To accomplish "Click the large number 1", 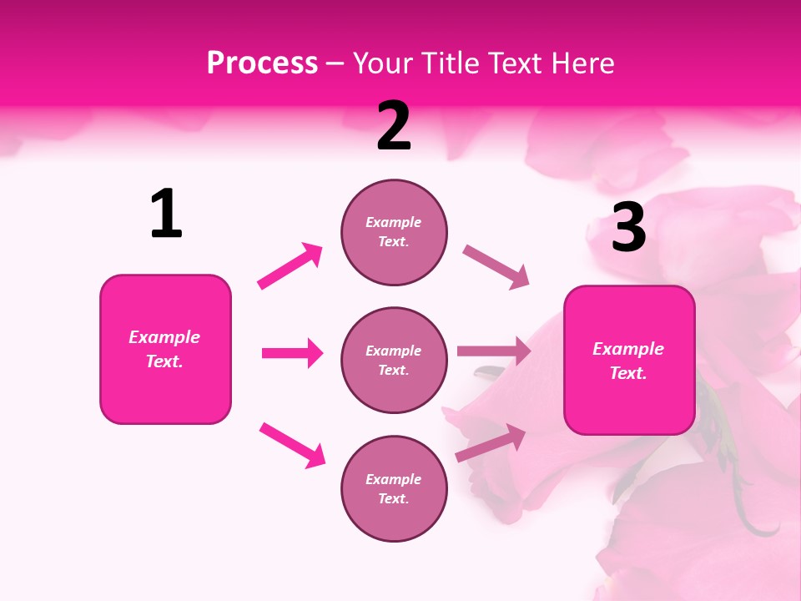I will coord(166,214).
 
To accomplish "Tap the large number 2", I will coord(394,126).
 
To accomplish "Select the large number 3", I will coord(628,227).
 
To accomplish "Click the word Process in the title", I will coord(262,63).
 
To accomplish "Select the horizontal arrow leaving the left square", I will coord(292,353).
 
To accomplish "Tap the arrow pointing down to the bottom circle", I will coord(292,444).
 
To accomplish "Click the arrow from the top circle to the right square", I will coord(496,266).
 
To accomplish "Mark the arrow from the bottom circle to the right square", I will coord(491,442).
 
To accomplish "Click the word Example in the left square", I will coord(164,337).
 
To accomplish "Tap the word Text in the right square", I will coord(627,373).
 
